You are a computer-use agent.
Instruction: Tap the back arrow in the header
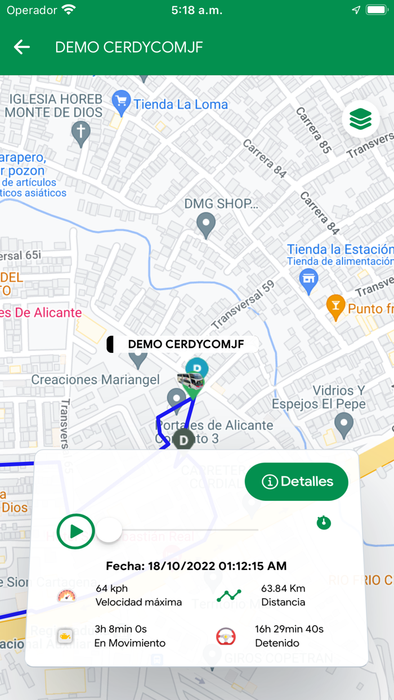[22, 47]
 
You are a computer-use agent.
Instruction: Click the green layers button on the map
[360, 119]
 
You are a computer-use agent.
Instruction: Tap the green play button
[76, 531]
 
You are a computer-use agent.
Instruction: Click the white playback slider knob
[109, 530]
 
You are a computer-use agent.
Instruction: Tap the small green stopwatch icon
[324, 523]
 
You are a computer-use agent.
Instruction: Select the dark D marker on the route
[183, 439]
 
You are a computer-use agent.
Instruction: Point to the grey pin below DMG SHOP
[206, 225]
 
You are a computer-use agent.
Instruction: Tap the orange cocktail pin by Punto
[335, 306]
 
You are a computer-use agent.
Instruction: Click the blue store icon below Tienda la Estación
[308, 277]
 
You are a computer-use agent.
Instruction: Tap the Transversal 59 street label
[243, 304]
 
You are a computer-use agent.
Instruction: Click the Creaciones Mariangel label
[95, 380]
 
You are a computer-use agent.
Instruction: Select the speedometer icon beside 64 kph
[66, 595]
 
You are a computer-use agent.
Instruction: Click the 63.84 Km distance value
[283, 589]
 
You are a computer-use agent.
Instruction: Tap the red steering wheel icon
[226, 636]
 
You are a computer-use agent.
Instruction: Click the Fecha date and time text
[196, 566]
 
